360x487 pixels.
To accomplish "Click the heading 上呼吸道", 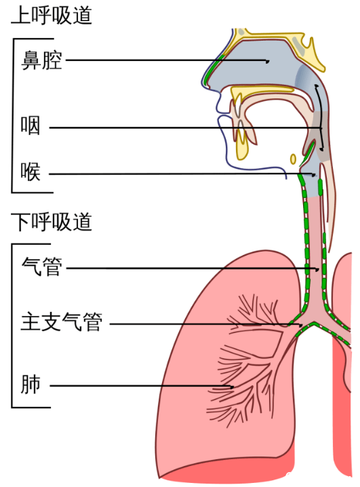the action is point(52,15).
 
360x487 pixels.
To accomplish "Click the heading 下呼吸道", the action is point(52,222).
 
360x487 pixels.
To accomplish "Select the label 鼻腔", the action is point(41,60).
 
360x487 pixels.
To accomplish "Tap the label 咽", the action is point(31,125).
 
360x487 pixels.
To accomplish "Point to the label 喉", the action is point(31,172).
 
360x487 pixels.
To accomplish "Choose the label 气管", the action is point(41,267).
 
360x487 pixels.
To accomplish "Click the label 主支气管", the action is point(62,322).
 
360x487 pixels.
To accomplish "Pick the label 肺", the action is point(31,384).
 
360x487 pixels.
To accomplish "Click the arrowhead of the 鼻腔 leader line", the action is point(267,61).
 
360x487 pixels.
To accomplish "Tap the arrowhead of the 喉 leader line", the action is point(314,174).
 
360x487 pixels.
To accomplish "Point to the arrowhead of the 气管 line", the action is point(317,269).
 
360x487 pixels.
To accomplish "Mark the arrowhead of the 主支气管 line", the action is point(300,325).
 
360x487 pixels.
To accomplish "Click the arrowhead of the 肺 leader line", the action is point(231,387).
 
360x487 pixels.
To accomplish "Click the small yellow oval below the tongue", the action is point(293,159).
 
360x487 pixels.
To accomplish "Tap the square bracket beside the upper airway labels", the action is point(12,115).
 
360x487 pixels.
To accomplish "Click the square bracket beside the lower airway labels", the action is point(12,326).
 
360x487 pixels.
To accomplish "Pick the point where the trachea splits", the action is point(313,324).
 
